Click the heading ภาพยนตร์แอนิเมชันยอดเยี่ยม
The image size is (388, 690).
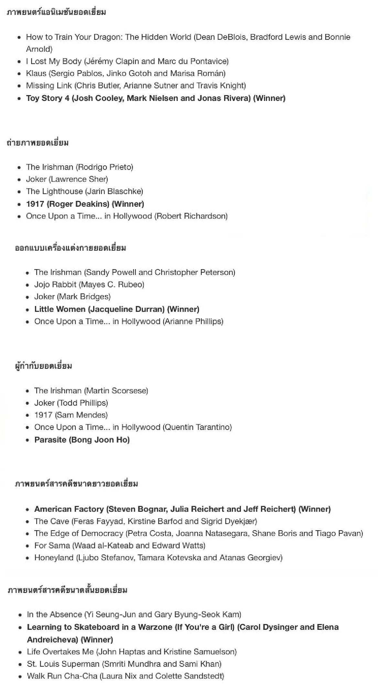56,12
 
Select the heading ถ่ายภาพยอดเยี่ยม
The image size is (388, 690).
38,143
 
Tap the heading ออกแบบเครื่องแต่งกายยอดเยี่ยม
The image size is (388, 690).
70,248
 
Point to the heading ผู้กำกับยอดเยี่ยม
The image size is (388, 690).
43,366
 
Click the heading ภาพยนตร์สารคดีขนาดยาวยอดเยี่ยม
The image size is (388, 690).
77,484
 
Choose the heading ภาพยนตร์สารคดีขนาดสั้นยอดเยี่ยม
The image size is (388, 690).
68,590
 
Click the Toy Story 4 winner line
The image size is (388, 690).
156,98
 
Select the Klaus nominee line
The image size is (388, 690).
126,73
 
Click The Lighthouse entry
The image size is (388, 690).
84,192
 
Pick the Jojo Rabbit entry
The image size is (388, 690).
89,285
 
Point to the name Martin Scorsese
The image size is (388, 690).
116,391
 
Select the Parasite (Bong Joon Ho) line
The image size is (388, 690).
82,440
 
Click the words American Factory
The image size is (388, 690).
69,509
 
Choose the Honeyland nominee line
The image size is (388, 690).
158,558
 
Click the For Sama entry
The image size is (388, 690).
120,546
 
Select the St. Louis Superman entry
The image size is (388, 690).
124,664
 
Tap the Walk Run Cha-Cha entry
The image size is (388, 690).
125,676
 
